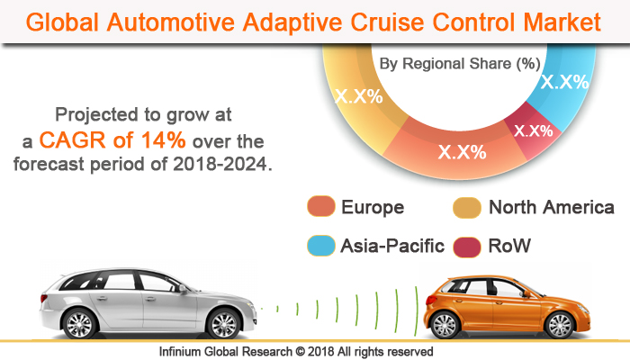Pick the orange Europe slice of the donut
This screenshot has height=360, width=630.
(x=459, y=150)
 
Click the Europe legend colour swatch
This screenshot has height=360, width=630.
(x=320, y=208)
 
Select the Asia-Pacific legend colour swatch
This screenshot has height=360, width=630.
(x=320, y=245)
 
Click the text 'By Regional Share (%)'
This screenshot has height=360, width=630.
(x=459, y=64)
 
